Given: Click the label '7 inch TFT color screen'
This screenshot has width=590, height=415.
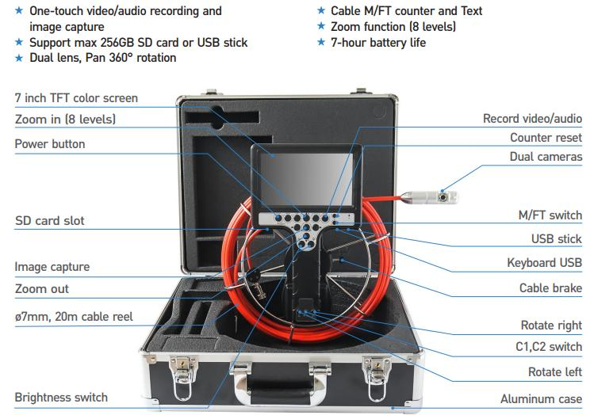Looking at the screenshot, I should pyautogui.click(x=76, y=98).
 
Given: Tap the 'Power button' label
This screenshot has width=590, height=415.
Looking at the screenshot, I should pyautogui.click(x=50, y=144).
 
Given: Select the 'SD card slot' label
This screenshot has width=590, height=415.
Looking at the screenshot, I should pyautogui.click(x=49, y=221).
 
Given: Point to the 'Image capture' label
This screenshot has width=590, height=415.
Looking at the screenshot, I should pyautogui.click(x=52, y=267).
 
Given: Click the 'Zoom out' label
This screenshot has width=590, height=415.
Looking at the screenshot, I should pyautogui.click(x=42, y=289).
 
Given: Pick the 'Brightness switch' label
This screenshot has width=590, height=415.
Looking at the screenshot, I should pyautogui.click(x=61, y=397).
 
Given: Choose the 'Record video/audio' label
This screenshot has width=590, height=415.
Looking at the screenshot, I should pyautogui.click(x=532, y=119).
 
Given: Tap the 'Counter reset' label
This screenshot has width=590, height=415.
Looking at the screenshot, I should pyautogui.click(x=546, y=138).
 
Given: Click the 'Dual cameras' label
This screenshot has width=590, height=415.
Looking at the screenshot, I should pyautogui.click(x=546, y=157).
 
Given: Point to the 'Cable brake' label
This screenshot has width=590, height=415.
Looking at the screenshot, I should pyautogui.click(x=550, y=289).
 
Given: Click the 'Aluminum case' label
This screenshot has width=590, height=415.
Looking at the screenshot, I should pyautogui.click(x=541, y=399).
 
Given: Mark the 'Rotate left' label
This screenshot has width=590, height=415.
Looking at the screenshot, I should pyautogui.click(x=555, y=372).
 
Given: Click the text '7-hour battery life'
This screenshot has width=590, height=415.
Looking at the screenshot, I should pyautogui.click(x=377, y=42).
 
